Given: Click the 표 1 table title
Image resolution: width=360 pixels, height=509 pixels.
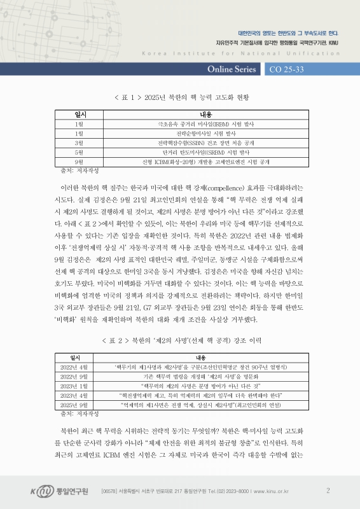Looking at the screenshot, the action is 180,97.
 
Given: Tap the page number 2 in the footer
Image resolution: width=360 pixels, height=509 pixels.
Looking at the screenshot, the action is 328,490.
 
